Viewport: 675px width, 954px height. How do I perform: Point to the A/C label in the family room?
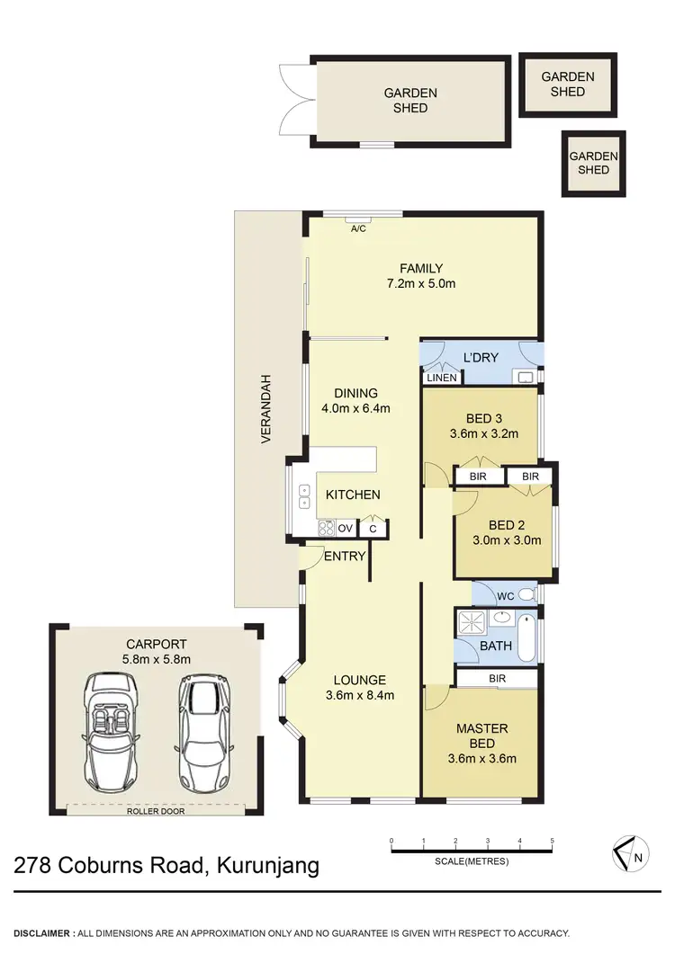(x=358, y=229)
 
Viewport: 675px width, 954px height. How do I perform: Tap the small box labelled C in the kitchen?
(x=373, y=529)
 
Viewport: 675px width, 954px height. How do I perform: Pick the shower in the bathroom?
(x=471, y=623)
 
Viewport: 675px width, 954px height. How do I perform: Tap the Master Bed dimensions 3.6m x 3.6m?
(x=481, y=758)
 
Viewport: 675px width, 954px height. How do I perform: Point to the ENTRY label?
(x=345, y=557)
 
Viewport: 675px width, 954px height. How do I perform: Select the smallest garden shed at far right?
(x=593, y=163)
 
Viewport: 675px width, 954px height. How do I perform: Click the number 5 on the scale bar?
(x=552, y=841)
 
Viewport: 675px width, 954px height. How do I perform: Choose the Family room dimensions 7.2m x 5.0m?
(x=421, y=284)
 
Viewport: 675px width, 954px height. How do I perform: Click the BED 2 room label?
(x=508, y=525)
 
